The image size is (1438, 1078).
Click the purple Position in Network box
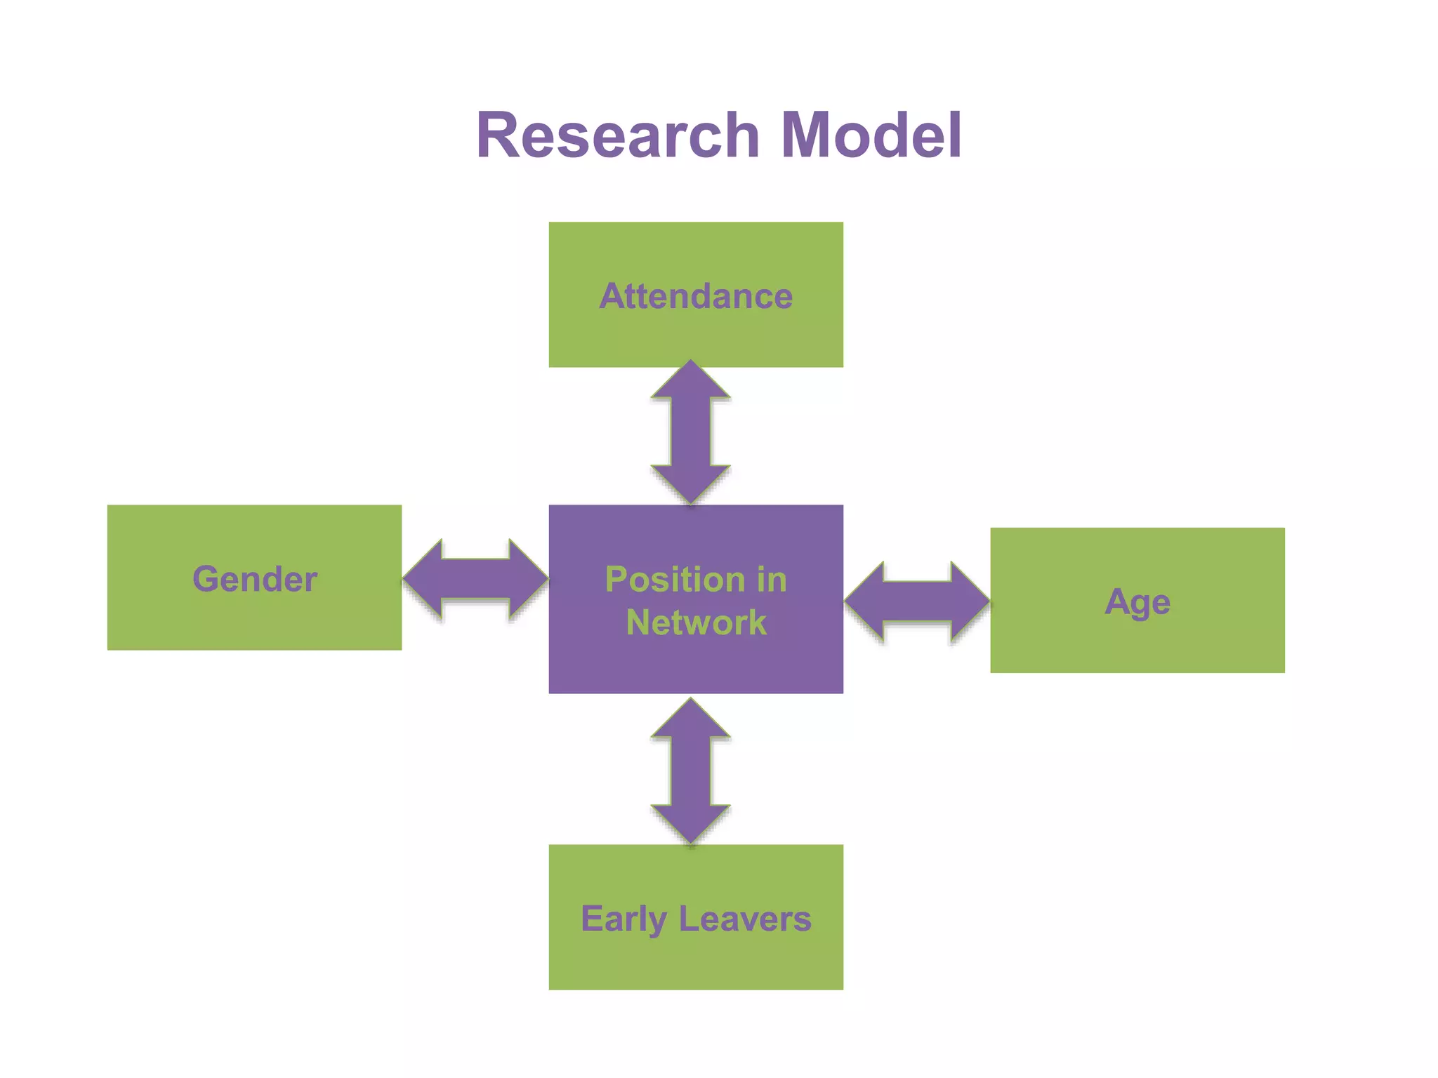696,667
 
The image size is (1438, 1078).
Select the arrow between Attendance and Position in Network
691,432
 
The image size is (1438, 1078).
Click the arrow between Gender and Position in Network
475,579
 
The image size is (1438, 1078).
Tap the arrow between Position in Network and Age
917,601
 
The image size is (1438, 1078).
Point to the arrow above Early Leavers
691,771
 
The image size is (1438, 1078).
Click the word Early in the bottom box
623,919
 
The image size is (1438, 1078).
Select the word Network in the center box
696,623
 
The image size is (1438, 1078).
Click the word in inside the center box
772,580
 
